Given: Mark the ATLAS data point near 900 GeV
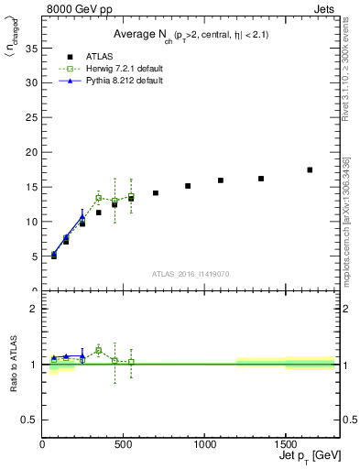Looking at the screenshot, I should point(188,186).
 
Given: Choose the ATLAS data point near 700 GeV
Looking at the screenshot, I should point(156,193).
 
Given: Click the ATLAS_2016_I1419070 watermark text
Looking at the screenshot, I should point(191,273).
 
